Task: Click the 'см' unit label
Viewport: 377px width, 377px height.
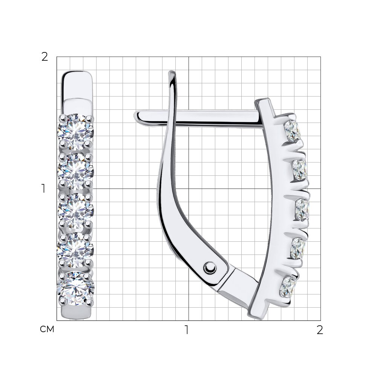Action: (47, 329)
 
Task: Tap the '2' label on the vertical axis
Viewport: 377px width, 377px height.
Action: (45, 57)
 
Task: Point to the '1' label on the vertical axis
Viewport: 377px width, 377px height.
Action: (43, 189)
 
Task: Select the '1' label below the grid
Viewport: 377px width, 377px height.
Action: (186, 330)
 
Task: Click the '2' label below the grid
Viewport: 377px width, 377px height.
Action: (320, 330)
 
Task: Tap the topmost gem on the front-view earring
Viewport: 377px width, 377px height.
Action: (75, 132)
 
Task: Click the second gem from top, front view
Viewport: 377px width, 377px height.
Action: (75, 172)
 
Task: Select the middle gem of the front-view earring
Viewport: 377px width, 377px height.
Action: (75, 211)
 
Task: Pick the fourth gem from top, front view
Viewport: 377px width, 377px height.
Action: (75, 250)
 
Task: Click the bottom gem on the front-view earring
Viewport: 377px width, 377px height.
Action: (75, 288)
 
